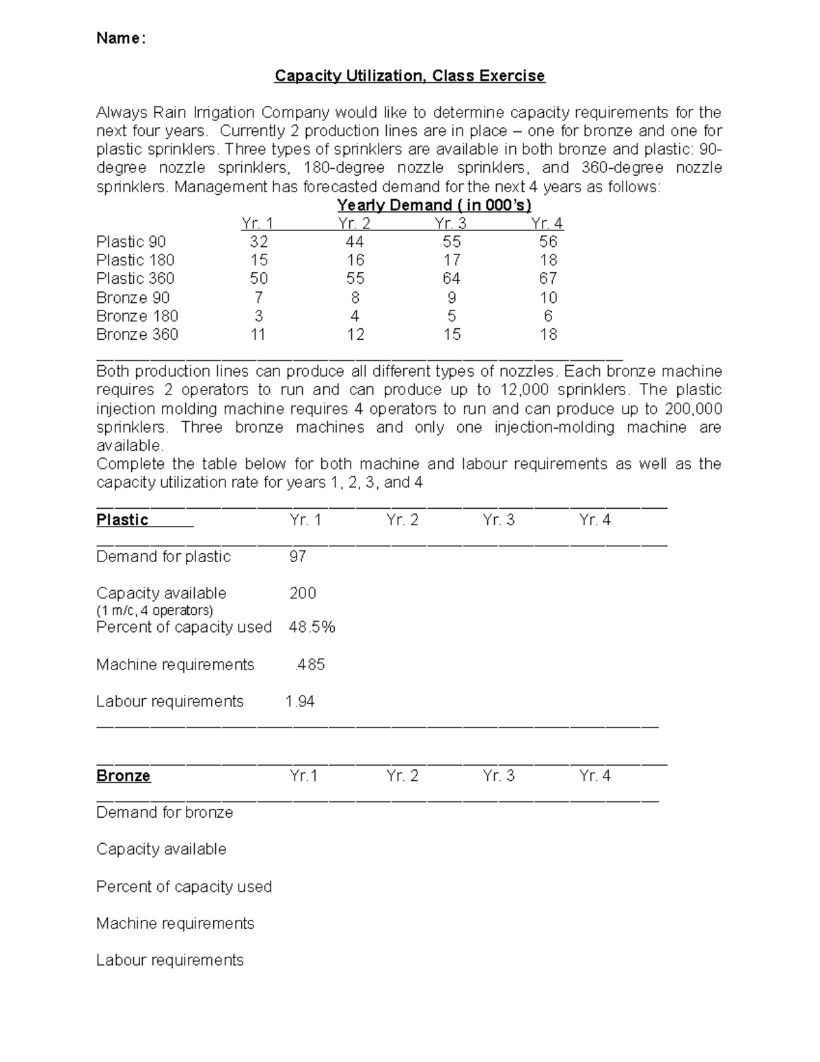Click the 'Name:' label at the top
pos(121,38)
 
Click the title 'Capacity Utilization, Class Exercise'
pos(409,75)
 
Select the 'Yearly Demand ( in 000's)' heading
pos(434,205)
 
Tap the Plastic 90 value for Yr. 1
pos(259,241)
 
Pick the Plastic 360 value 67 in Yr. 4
pos(548,278)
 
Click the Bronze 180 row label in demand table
pos(137,316)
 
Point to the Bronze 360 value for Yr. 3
pos(452,334)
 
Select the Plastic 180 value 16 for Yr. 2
pos(355,260)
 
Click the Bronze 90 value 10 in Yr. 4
pos(548,297)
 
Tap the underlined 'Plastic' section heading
pos(122,520)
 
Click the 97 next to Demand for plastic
pos(298,557)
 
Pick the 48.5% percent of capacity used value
pos(312,627)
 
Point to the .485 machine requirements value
pos(310,665)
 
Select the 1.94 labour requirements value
pos(300,702)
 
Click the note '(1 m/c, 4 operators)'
pos(154,610)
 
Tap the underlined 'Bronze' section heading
pos(123,775)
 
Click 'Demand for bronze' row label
pos(165,812)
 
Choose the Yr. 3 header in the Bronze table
pos(498,775)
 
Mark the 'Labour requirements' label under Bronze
pos(169,960)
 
